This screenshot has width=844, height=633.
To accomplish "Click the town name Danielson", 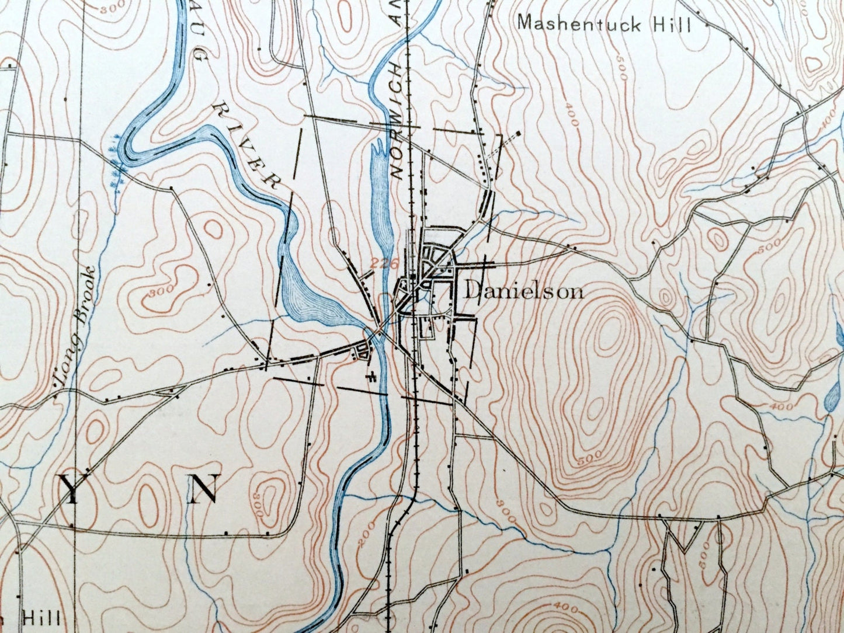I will click(523, 291).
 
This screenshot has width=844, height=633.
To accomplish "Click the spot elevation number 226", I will click(380, 263).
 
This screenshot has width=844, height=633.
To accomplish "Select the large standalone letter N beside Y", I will click(203, 489).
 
